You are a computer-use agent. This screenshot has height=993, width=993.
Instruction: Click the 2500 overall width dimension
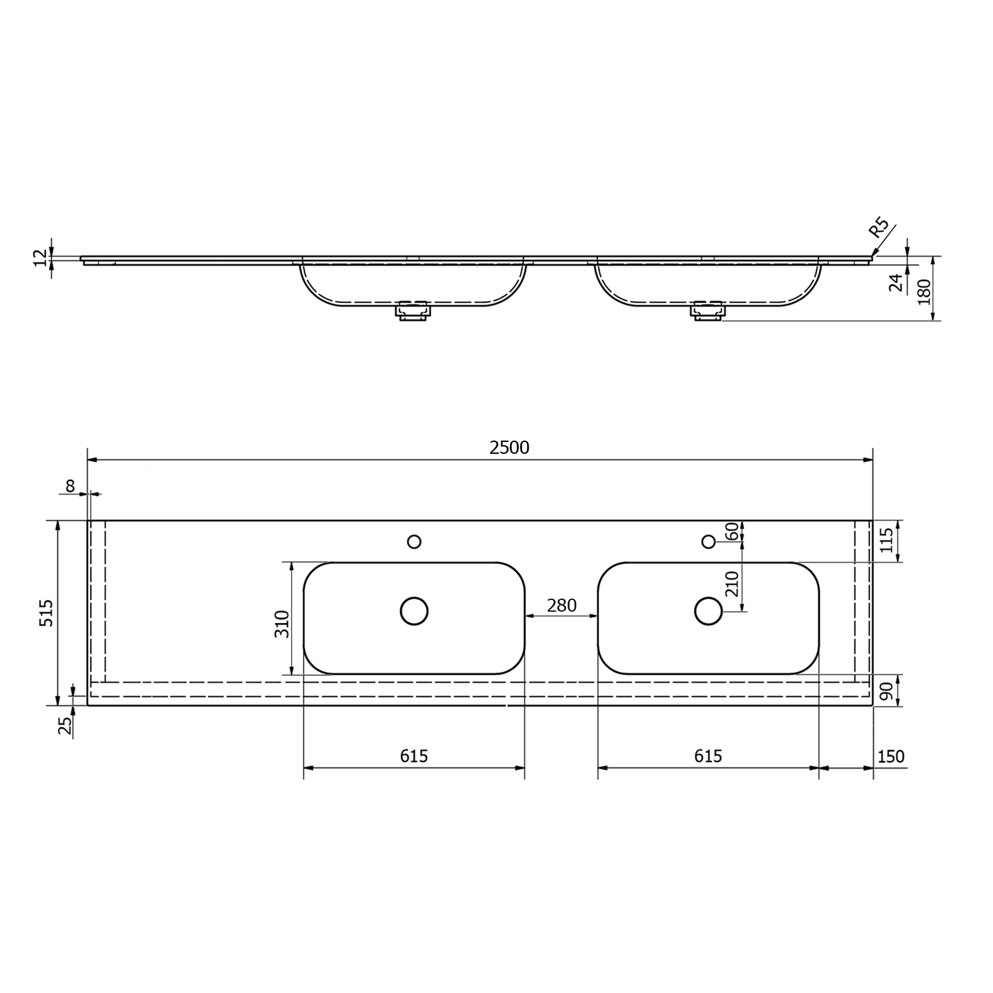(x=509, y=448)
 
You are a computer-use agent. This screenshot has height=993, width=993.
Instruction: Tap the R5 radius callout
(x=879, y=228)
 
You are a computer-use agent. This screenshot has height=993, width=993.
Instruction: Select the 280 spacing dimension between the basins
(x=562, y=605)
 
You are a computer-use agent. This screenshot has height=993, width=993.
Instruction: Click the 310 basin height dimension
(x=282, y=624)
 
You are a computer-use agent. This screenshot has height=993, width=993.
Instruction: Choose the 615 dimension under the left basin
(x=414, y=756)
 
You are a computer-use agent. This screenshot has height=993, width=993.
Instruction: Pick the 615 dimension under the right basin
(x=709, y=756)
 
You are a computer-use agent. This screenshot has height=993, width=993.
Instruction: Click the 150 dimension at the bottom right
(x=891, y=756)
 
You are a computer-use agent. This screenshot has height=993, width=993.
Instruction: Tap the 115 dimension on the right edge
(x=887, y=540)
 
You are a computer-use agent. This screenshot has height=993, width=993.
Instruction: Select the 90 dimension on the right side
(x=887, y=691)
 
